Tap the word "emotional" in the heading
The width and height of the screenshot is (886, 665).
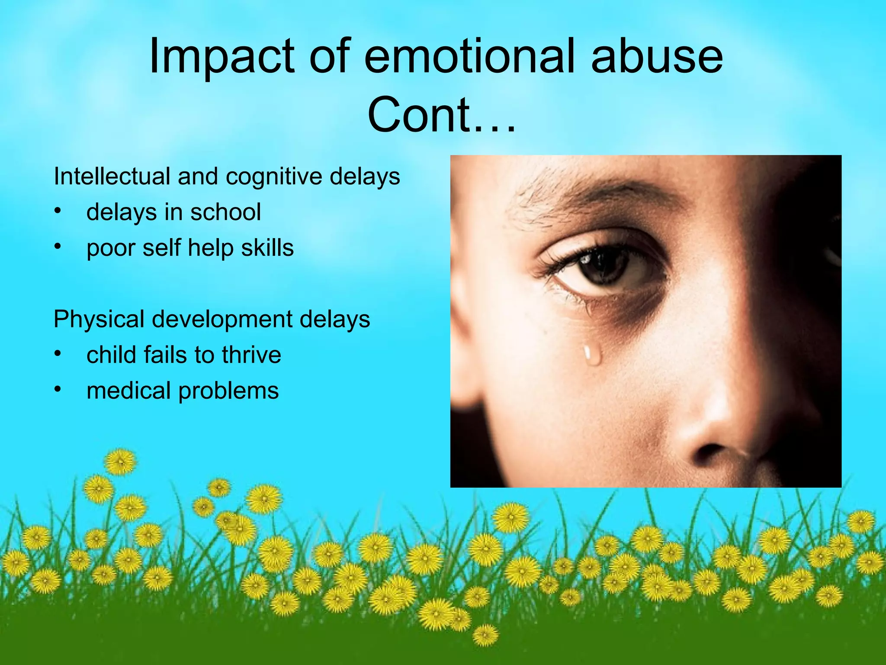point(470,56)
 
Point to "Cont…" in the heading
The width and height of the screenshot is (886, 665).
point(441,115)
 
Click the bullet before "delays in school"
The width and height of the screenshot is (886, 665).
point(58,211)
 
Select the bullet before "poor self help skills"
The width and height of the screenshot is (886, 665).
point(58,247)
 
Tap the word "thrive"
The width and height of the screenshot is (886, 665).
point(251,355)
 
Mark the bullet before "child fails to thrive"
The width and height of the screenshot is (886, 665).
point(58,354)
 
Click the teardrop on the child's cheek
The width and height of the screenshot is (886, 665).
point(591,354)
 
